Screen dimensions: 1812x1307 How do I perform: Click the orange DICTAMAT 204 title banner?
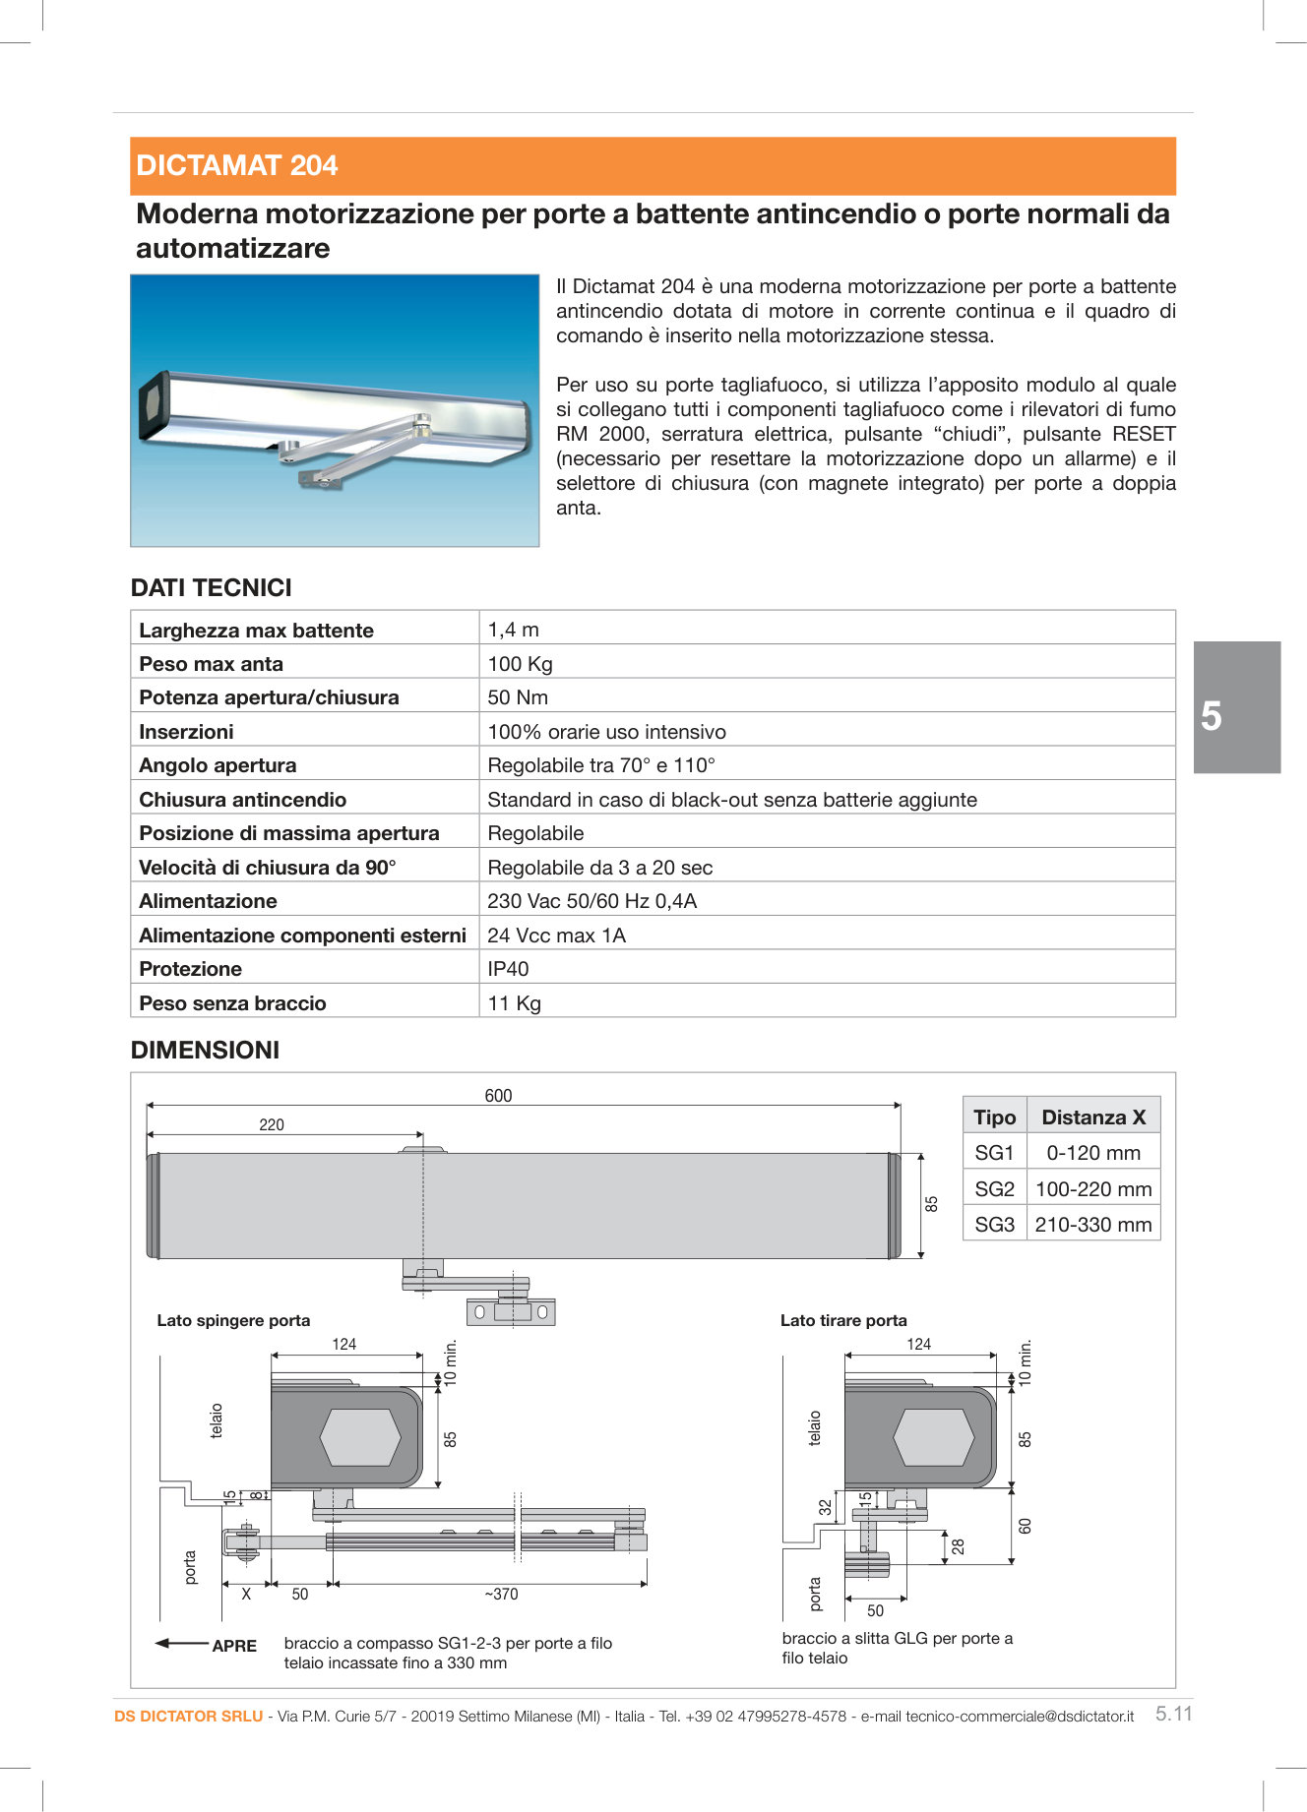(653, 165)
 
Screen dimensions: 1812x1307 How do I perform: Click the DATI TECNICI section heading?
(212, 587)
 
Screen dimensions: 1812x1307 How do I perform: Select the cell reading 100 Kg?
(520, 664)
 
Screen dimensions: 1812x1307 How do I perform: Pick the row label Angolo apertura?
(218, 765)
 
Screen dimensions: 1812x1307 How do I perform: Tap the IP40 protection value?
(508, 969)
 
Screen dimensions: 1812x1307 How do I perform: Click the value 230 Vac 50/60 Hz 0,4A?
(591, 901)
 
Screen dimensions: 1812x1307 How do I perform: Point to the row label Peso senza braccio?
(232, 1003)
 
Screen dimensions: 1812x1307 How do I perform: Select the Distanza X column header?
(1093, 1117)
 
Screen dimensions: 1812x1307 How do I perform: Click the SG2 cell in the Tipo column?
(994, 1189)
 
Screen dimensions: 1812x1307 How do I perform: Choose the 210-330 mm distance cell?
(1092, 1225)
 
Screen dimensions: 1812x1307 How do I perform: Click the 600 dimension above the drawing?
(498, 1096)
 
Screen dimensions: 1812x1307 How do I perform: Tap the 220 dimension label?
(272, 1124)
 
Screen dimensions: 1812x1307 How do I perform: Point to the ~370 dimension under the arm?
(500, 1595)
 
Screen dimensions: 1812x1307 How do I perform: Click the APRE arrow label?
(233, 1646)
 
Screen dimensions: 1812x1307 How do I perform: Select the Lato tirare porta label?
(843, 1320)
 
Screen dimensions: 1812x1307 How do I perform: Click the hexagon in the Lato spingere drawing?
(360, 1437)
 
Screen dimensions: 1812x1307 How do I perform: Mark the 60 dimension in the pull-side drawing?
(1025, 1526)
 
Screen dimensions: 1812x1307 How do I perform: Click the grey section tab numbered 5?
(1237, 707)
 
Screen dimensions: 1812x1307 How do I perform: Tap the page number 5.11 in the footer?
(1173, 1714)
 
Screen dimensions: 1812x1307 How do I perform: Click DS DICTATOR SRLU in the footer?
(188, 1716)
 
